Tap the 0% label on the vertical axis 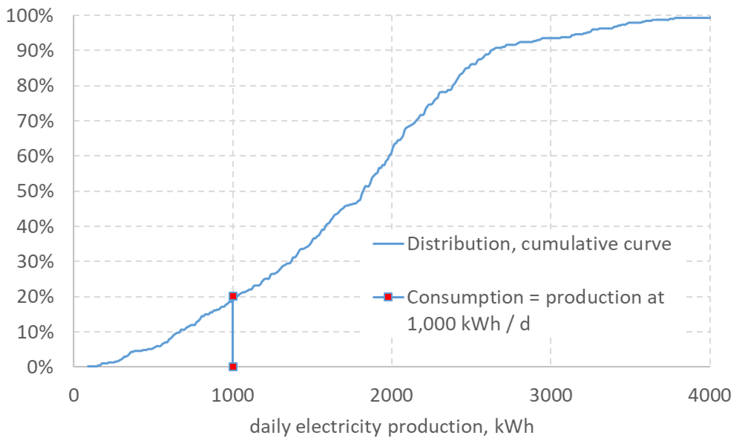point(40,367)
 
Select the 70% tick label point(35,121)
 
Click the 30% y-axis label point(35,262)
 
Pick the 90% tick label point(35,51)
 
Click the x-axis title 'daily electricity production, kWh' point(391,427)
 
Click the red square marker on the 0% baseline point(233,367)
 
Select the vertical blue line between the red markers point(233,332)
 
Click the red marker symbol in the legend point(388,297)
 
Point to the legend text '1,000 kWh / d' point(468,324)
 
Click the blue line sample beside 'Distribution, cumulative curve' point(388,244)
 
